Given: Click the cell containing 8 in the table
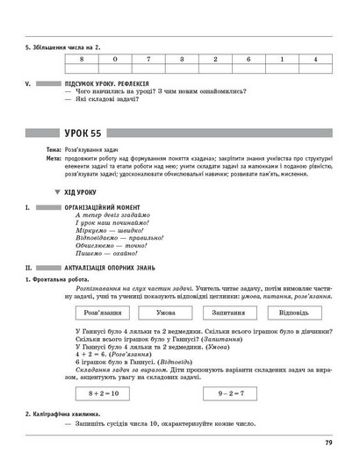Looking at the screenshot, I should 81,58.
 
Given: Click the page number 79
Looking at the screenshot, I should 327,443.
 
